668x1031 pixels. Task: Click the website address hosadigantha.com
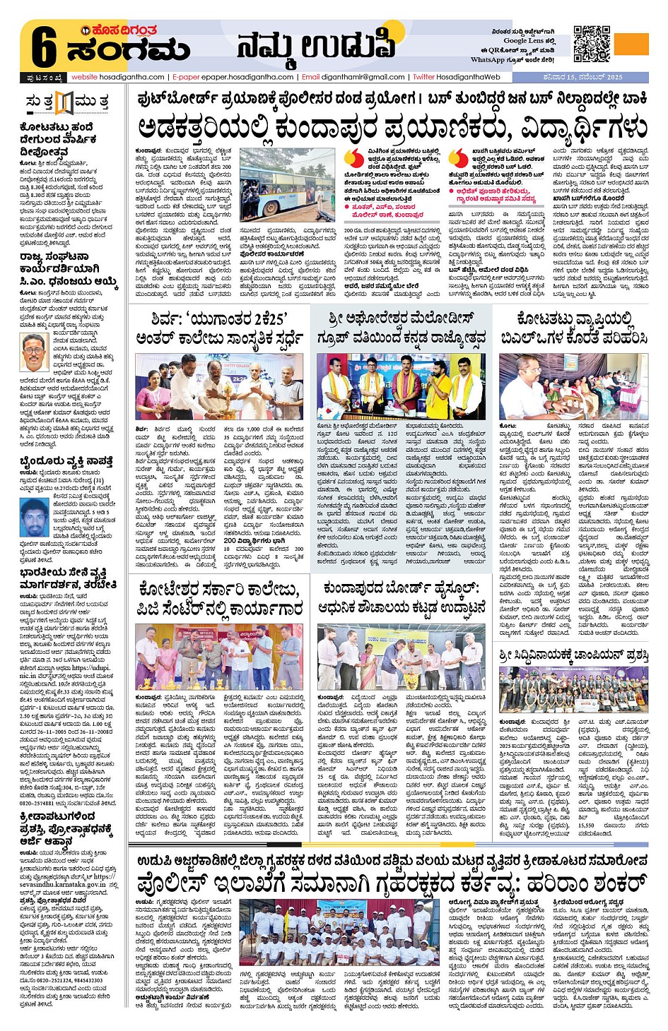point(117,77)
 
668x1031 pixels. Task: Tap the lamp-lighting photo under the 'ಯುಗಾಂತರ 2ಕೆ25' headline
point(219,387)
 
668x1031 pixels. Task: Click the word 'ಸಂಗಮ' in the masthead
point(127,51)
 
